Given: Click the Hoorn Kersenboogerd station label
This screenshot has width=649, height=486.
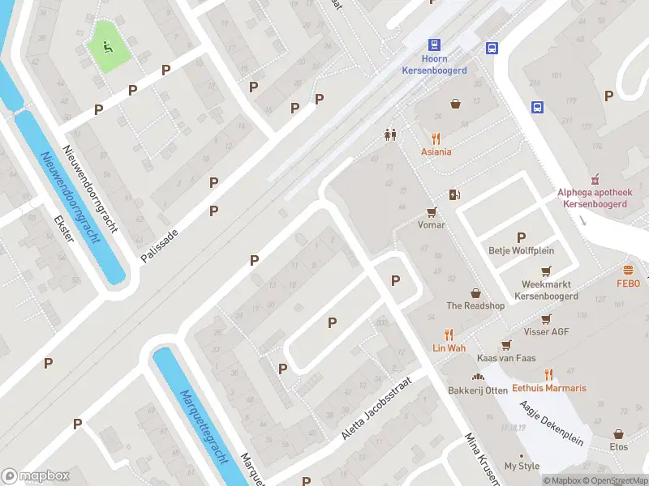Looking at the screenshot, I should tap(434, 65).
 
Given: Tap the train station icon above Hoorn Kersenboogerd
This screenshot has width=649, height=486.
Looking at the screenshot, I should tap(434, 45).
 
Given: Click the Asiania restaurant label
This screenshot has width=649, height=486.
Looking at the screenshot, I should tap(436, 151).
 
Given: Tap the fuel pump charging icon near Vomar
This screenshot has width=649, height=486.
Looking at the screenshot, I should tap(454, 194).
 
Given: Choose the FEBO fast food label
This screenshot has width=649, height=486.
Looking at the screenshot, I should tap(628, 283).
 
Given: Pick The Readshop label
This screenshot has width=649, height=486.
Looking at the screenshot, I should tap(475, 305).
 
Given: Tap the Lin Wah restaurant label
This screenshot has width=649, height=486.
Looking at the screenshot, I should tap(449, 347).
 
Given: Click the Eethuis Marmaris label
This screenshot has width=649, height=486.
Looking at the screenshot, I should tap(549, 388).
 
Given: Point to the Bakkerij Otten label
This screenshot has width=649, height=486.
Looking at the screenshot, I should tap(478, 390).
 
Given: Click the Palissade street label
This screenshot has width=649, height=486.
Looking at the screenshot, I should tap(159, 244).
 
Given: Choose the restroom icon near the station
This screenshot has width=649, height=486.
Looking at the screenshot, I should tap(391, 135).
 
